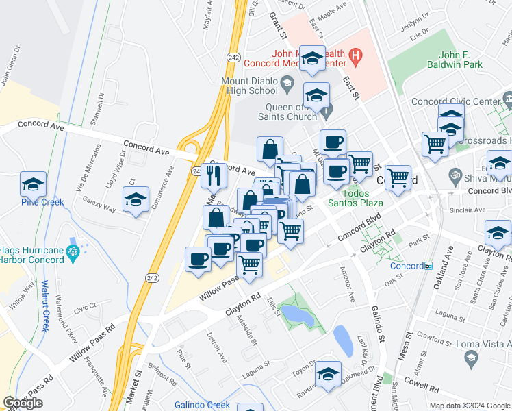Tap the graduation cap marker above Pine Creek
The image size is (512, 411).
pyautogui.click(x=33, y=184)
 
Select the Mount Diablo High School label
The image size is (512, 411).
pyautogui.click(x=248, y=85)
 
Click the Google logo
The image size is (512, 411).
pyautogui.click(x=23, y=403)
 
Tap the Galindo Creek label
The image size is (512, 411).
pyautogui.click(x=202, y=405)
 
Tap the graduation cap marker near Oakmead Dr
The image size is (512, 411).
pyautogui.click(x=328, y=374)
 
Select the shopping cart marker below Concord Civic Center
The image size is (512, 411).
pyautogui.click(x=435, y=145)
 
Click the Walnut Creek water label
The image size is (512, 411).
pyautogui.click(x=44, y=305)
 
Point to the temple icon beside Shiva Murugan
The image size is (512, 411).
pyautogui.click(x=452, y=173)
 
